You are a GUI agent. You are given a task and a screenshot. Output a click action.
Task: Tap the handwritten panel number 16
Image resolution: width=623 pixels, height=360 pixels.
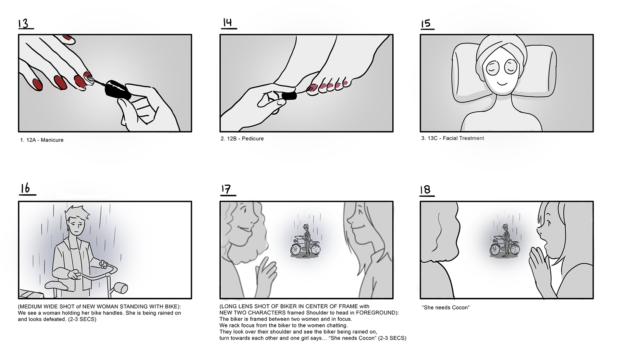coord(26,189)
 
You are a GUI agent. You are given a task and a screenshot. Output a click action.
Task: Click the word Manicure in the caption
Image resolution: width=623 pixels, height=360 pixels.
coord(52,140)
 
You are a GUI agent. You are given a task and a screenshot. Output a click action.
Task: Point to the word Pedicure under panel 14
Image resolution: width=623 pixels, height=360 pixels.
coord(253,139)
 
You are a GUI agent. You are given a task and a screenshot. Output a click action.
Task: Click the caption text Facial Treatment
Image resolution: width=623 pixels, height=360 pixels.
coord(463,138)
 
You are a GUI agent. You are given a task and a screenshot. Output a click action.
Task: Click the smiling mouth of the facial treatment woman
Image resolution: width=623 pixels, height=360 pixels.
coord(503,83)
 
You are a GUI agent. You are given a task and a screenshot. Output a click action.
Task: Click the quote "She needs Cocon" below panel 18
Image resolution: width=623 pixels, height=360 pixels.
coord(446,307)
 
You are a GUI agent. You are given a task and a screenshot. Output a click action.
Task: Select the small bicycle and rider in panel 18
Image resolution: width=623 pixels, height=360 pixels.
coord(505,241)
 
